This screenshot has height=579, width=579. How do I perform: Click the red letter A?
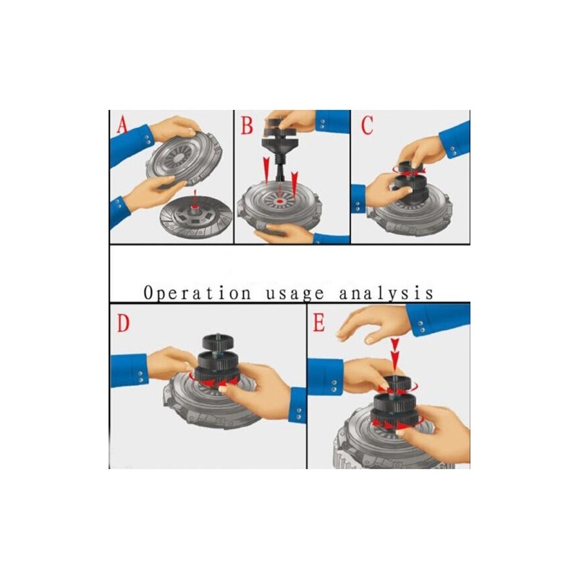(x=122, y=124)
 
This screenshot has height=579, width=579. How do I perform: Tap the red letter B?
(x=247, y=125)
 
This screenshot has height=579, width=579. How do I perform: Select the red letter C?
(x=367, y=125)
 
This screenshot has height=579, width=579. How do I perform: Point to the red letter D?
(x=123, y=323)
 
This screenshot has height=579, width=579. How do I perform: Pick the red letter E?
(x=318, y=323)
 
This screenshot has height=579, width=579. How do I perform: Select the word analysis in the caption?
(x=386, y=294)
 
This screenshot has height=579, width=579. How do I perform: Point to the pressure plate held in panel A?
(x=185, y=156)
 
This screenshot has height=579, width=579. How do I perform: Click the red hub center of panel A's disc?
(x=195, y=211)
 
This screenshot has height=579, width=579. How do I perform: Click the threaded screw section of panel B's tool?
(x=279, y=162)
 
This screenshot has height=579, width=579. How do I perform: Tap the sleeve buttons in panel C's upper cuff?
(x=453, y=151)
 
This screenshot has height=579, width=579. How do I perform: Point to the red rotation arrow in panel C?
(x=409, y=171)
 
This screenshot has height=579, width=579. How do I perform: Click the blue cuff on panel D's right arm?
(x=297, y=404)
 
